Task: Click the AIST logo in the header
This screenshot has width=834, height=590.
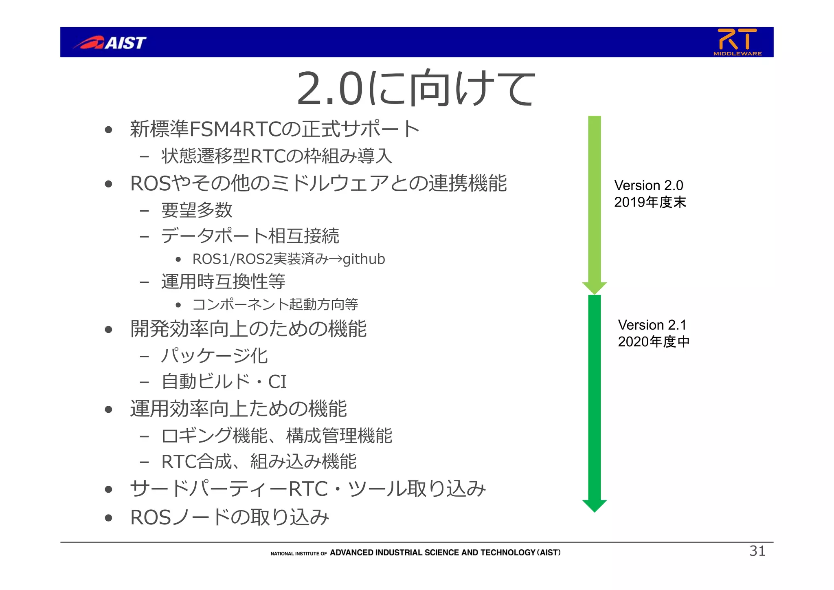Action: pos(110,42)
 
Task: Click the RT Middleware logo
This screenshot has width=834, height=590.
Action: pos(737,42)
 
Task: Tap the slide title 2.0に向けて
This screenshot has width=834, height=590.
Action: pos(416,88)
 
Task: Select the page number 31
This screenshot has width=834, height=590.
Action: pos(757,551)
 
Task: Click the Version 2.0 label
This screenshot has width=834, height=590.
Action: pos(648,185)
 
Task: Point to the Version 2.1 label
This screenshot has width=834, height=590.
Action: pos(652,325)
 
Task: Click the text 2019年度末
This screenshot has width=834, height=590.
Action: pos(650,202)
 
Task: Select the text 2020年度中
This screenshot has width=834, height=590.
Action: pos(654,342)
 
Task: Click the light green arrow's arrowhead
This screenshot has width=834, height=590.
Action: pos(595,288)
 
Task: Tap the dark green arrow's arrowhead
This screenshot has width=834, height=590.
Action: pos(595,505)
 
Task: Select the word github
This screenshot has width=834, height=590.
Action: pos(364,259)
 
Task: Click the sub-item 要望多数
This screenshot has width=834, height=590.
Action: pos(197,210)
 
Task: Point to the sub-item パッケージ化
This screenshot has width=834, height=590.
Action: pos(214,356)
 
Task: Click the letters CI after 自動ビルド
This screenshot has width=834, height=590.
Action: pos(277,382)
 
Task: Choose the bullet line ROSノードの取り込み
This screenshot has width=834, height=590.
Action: pos(229,517)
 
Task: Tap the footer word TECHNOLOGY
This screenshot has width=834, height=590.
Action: pos(507,553)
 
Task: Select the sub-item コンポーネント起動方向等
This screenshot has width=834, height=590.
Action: pos(275,304)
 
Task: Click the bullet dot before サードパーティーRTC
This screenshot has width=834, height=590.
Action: pos(108,489)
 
